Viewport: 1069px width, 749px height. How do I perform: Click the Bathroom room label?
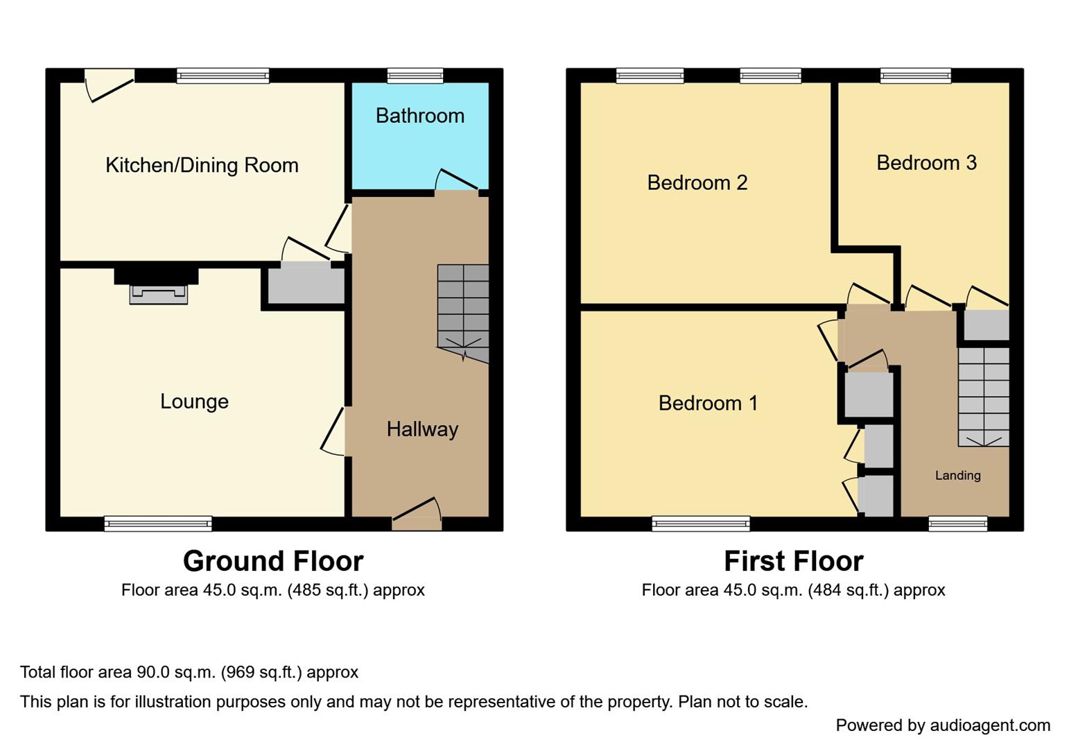419,116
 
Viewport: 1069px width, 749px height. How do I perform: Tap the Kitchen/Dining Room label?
202,165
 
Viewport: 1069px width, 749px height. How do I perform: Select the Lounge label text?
194,402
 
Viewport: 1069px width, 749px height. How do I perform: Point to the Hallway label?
422,429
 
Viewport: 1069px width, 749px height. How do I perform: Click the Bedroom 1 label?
708,403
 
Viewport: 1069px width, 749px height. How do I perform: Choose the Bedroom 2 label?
697,182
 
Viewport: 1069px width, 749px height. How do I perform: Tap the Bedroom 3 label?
926,162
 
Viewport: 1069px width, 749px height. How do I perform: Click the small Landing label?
957,476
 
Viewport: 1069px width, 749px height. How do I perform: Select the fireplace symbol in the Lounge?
158,294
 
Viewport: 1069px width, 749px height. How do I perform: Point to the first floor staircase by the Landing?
983,396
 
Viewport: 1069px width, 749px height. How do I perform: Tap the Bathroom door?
456,182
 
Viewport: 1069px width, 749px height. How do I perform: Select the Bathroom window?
415,76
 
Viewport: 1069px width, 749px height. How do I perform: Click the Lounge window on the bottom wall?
158,524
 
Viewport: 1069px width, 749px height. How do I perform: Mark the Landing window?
957,524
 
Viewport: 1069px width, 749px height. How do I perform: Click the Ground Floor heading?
272,561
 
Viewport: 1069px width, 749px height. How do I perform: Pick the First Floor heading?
793,561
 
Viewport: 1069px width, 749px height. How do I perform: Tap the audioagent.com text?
989,725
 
